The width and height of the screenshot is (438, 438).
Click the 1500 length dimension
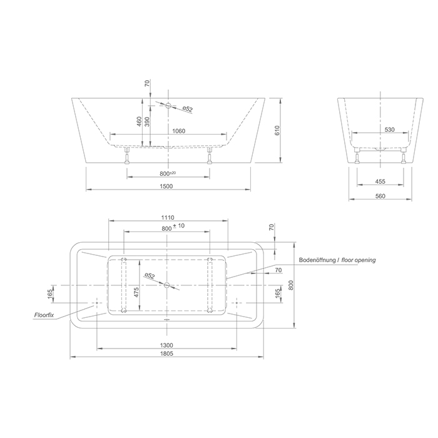point(166,186)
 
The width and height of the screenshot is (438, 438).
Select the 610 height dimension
point(277,130)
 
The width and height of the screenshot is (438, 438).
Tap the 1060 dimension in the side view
point(179,131)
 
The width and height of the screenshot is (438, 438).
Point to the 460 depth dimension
point(139,121)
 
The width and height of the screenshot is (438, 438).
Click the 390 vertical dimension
point(147,121)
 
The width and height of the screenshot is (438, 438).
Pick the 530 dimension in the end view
point(389,130)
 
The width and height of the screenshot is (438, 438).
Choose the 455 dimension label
point(380,181)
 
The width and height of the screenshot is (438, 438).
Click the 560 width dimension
point(380,196)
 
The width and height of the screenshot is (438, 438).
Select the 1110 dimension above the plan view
point(168,217)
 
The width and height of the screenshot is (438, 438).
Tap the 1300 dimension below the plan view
point(166,345)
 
